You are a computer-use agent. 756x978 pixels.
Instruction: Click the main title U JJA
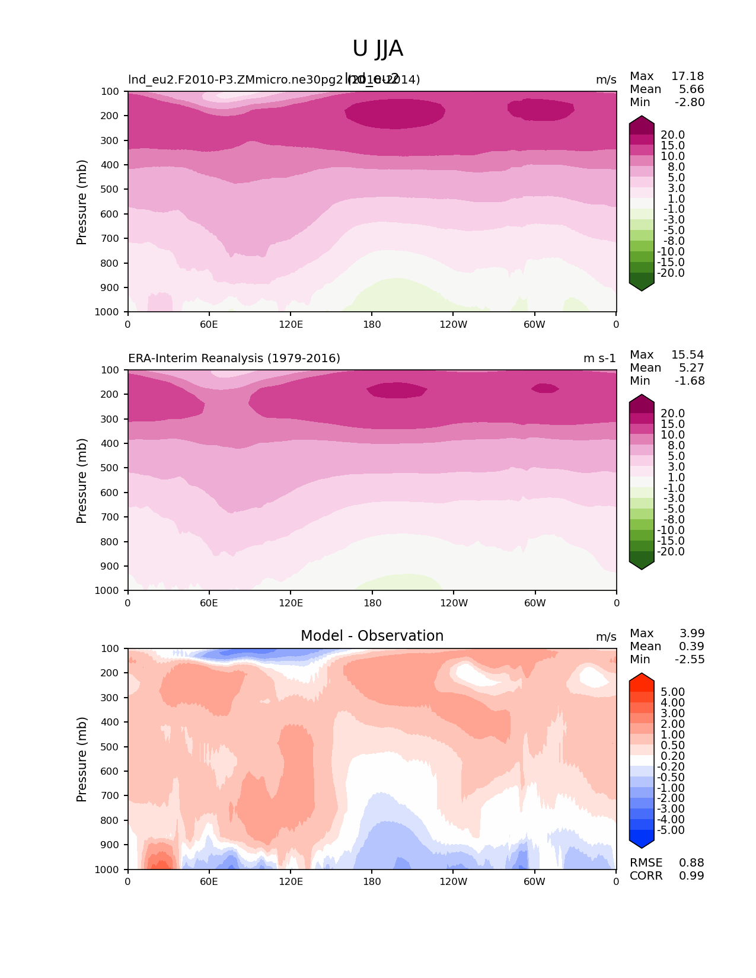(378, 49)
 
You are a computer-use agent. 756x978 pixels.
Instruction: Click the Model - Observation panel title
(372, 636)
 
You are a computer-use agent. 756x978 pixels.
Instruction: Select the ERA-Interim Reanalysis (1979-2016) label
(234, 359)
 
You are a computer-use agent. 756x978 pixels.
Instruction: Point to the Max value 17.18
(687, 76)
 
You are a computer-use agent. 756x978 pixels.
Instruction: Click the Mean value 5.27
(691, 368)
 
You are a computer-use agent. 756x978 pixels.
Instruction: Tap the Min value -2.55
(690, 660)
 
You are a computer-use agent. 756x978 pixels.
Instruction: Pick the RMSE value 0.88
(691, 863)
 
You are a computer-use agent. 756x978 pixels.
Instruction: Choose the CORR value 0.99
(691, 876)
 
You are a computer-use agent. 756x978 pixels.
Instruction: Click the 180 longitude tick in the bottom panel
(372, 881)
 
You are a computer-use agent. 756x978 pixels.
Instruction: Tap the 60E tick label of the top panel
(209, 324)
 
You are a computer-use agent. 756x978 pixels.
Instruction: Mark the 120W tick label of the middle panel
(454, 603)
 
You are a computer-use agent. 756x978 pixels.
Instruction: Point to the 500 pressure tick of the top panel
(110, 190)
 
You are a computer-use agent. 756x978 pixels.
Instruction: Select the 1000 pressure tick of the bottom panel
(107, 870)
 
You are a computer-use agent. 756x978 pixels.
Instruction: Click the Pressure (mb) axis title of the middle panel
(82, 481)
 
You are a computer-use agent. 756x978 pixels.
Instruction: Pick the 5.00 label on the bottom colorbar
(672, 692)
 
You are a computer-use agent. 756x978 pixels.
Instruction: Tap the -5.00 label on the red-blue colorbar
(671, 830)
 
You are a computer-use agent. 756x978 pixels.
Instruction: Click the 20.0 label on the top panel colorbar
(672, 135)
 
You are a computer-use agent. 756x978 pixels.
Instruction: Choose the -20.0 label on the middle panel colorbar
(671, 552)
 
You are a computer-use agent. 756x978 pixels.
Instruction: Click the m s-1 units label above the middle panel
(599, 359)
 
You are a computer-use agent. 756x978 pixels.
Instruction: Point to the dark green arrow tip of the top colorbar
(642, 286)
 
